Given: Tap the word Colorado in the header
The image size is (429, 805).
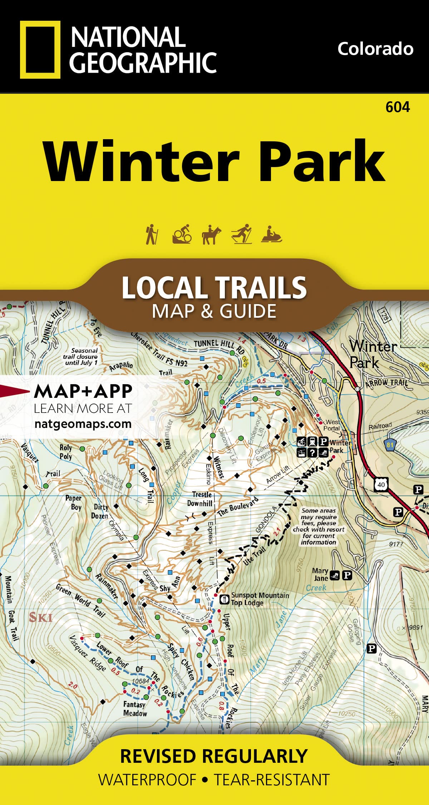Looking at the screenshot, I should (x=375, y=49).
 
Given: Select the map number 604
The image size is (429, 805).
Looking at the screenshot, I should (x=398, y=107).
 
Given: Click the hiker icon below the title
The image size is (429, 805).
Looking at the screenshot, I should (x=152, y=234).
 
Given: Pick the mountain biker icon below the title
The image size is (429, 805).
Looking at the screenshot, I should (x=182, y=234).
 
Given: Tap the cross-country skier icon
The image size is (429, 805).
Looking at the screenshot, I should (x=241, y=234).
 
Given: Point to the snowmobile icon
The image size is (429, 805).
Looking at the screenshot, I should (x=272, y=235).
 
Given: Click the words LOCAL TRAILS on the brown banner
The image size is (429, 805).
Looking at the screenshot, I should (x=214, y=287).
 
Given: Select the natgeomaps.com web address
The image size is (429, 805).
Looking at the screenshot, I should (x=83, y=424).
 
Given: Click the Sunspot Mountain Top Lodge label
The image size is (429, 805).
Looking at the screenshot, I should (x=260, y=599).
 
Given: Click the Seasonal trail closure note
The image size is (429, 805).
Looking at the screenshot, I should (x=84, y=356).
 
